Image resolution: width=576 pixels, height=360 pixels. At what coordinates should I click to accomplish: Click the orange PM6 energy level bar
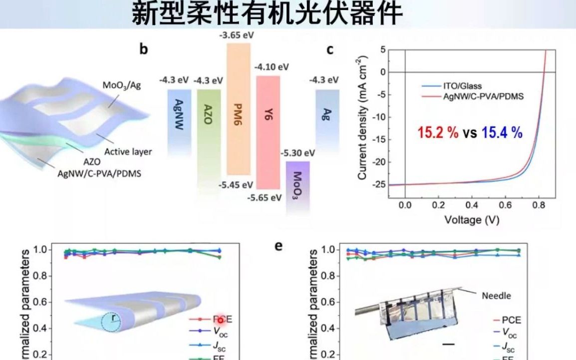238,109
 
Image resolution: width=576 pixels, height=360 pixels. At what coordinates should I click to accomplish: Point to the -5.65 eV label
265,197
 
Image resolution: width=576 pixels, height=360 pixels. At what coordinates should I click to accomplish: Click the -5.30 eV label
297,152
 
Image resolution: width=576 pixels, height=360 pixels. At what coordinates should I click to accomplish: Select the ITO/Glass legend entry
462,86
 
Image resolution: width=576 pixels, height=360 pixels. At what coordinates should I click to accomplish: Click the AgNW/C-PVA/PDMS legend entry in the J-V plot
483,96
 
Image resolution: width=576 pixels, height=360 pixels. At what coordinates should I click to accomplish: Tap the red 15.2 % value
438,133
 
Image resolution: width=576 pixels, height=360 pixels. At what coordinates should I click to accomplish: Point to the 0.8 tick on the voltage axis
538,205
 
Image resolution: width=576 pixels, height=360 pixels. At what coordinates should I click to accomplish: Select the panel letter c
330,49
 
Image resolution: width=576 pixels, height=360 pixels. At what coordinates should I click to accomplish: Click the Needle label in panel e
496,296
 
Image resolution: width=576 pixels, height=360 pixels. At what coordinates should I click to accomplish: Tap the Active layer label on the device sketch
128,151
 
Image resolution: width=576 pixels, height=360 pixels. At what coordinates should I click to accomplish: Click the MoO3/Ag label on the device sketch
122,85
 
